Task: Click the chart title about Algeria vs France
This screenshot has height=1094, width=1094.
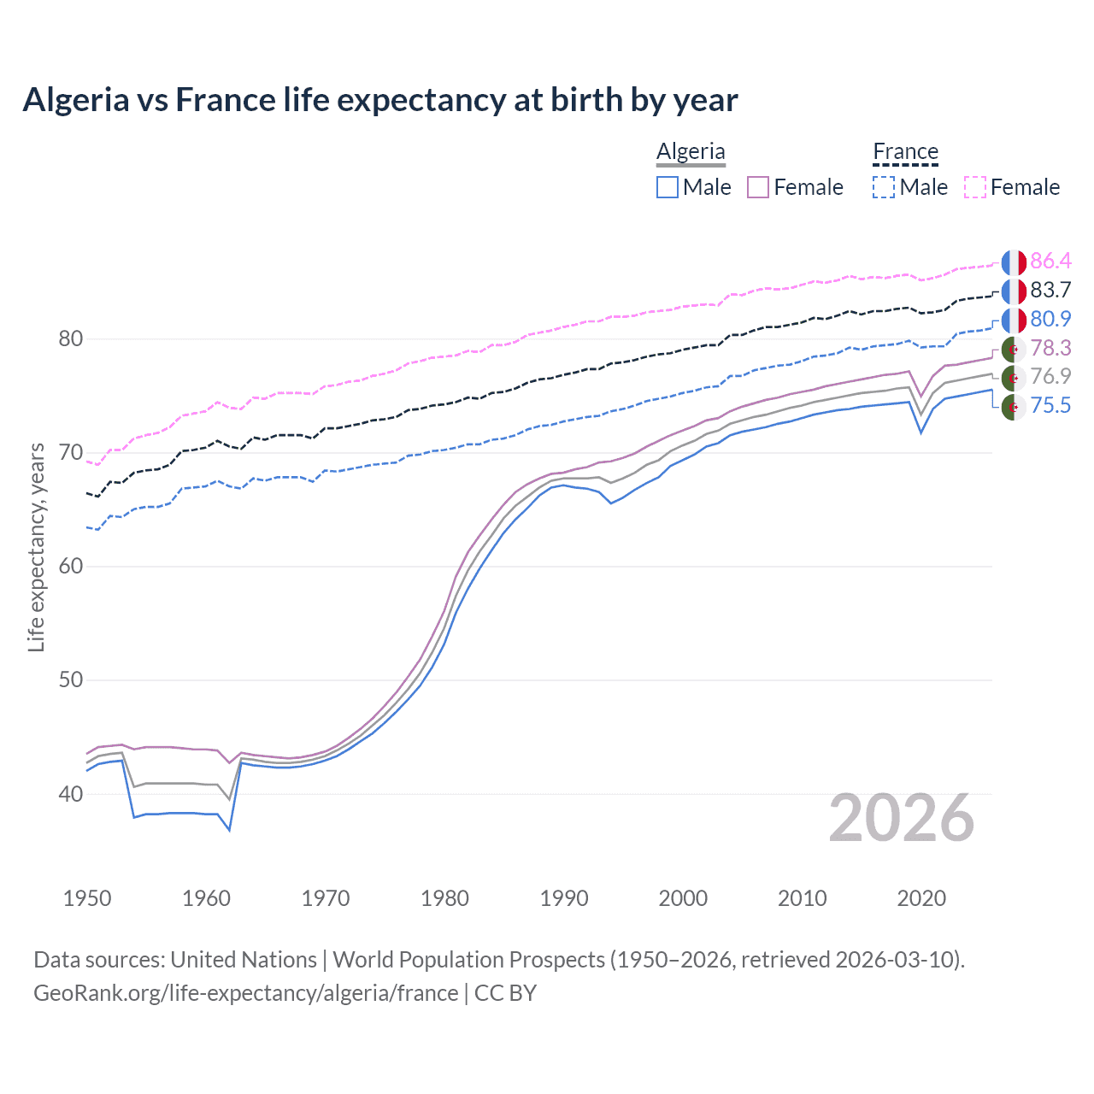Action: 379,100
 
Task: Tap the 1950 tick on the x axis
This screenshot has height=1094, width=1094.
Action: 87,898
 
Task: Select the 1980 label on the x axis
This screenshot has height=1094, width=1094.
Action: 444,898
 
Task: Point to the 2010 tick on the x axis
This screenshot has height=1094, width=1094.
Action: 802,898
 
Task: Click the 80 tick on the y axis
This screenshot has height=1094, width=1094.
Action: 71,339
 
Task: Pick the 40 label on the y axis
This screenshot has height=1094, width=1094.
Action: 71,794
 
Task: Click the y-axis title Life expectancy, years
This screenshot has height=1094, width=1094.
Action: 37,547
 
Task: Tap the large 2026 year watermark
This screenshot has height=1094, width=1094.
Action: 901,818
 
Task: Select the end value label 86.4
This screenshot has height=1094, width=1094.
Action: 1050,262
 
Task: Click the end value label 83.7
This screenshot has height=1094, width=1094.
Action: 1050,291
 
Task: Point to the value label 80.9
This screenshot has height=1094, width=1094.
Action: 1050,320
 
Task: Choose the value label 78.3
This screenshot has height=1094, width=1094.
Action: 1050,349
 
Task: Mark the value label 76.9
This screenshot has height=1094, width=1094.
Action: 1050,377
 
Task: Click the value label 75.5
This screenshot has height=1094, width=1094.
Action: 1050,406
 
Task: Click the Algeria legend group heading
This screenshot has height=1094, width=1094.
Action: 691,151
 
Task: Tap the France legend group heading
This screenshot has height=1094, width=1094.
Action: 905,151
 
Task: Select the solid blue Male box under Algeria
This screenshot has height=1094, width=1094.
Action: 668,187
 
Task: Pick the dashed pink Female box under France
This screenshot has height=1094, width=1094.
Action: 975,187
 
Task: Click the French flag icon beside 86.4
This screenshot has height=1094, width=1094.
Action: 1014,262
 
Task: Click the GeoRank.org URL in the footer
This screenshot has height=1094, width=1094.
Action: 246,993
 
